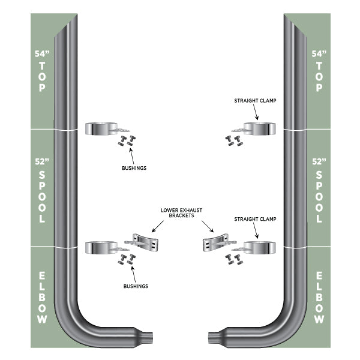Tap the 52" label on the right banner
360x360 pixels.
pos(319,162)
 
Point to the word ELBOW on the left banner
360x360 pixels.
pos(41,298)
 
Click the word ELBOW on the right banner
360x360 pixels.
pos(319,298)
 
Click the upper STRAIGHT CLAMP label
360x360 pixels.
pos(256,101)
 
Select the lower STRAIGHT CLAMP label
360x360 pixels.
pos(256,219)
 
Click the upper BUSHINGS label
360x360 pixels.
pos(133,169)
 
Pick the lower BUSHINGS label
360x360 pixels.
pos(133,286)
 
